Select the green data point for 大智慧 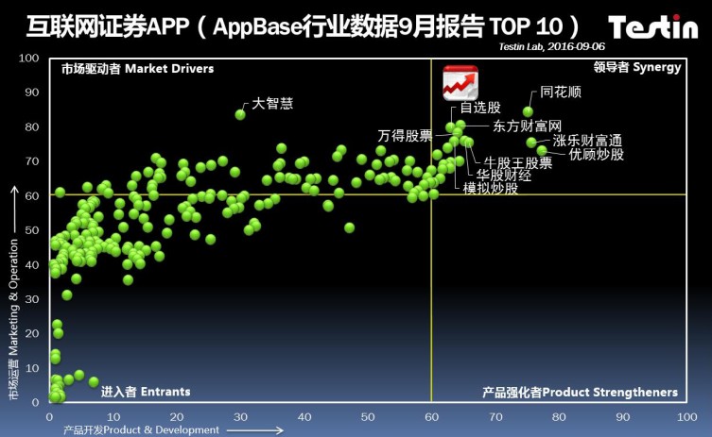click(x=240, y=114)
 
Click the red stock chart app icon click(x=460, y=83)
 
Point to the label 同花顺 click(x=561, y=94)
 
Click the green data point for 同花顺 click(x=528, y=111)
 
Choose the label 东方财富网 click(x=528, y=126)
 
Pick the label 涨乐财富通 click(x=587, y=141)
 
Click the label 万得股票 click(x=405, y=135)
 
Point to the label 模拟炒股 click(x=491, y=188)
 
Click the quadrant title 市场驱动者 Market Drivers click(x=137, y=69)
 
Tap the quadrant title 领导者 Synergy click(x=636, y=68)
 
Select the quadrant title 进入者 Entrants click(x=146, y=392)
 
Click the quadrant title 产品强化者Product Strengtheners click(x=580, y=392)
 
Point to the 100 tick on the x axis click(x=686, y=415)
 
